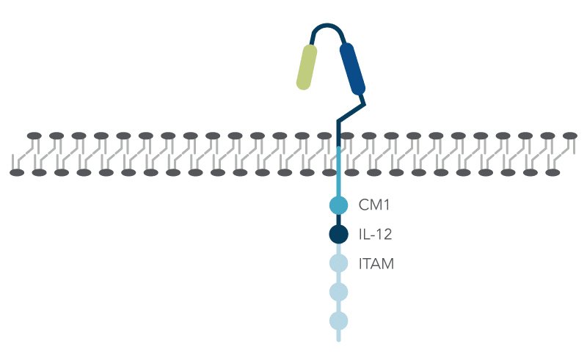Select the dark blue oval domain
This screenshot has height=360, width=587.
351,69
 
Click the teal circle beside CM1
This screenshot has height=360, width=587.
338,205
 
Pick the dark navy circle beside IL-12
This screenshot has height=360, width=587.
338,235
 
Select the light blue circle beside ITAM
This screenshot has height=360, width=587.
338,263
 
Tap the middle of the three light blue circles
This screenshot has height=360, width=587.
338,292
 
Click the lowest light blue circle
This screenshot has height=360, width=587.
338,320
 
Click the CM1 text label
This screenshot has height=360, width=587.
373,205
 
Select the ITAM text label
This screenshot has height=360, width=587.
376,264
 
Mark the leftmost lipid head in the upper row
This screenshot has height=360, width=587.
34,136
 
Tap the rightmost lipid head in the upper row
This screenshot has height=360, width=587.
569,136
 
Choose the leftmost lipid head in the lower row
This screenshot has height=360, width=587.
18,172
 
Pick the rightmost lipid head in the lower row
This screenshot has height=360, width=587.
553,172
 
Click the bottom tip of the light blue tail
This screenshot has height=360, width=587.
338,339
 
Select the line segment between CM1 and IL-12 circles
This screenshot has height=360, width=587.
338,220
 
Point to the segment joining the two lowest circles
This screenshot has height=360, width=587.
338,306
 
